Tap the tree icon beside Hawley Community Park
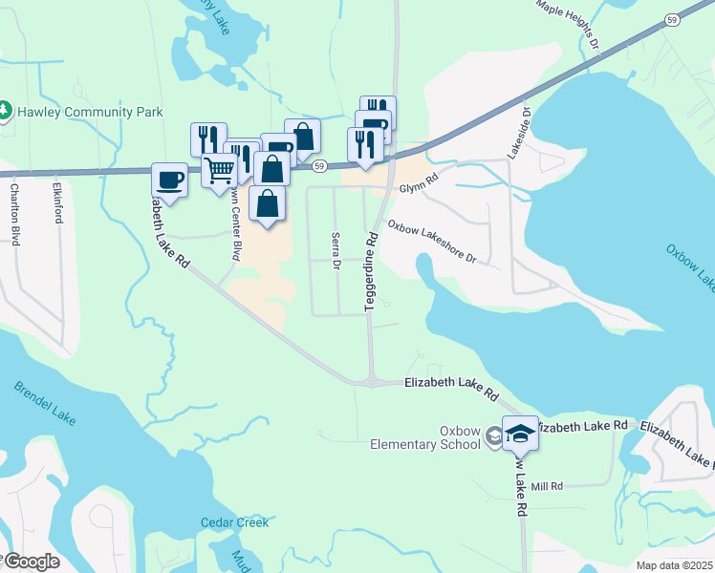pyautogui.click(x=5, y=111)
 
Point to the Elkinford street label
pyautogui.click(x=58, y=202)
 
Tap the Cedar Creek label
pyautogui.click(x=234, y=522)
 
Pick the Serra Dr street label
pyautogui.click(x=336, y=251)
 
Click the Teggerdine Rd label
pyautogui.click(x=370, y=268)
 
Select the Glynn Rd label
pyautogui.click(x=418, y=178)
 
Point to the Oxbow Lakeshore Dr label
pyautogui.click(x=430, y=244)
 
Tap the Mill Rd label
pyautogui.click(x=548, y=486)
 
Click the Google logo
pyautogui.click(x=31, y=562)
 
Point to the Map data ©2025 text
pyautogui.click(x=674, y=565)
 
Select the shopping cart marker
pyautogui.click(x=220, y=171)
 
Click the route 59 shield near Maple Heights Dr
pyautogui.click(x=672, y=19)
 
